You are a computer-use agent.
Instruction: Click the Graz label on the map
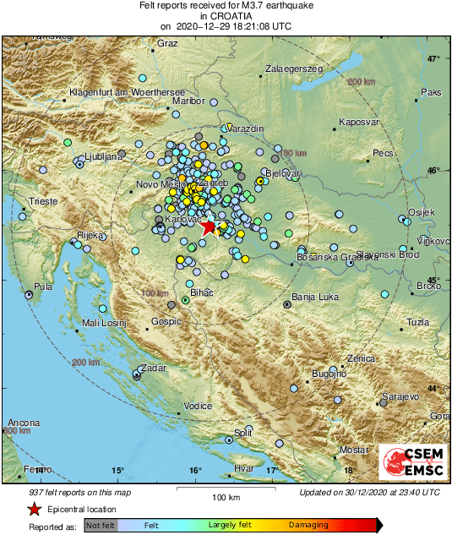coord(167,43)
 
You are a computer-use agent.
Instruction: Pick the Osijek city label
coord(421,211)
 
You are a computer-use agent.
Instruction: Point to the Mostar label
coord(354,449)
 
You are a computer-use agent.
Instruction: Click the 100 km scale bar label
coord(226,497)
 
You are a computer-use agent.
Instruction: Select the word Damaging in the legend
coord(308,525)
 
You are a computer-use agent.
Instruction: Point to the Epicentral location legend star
coord(34,509)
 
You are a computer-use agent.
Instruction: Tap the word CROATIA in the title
coord(226,15)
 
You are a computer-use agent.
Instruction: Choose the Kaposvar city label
coord(357,123)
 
